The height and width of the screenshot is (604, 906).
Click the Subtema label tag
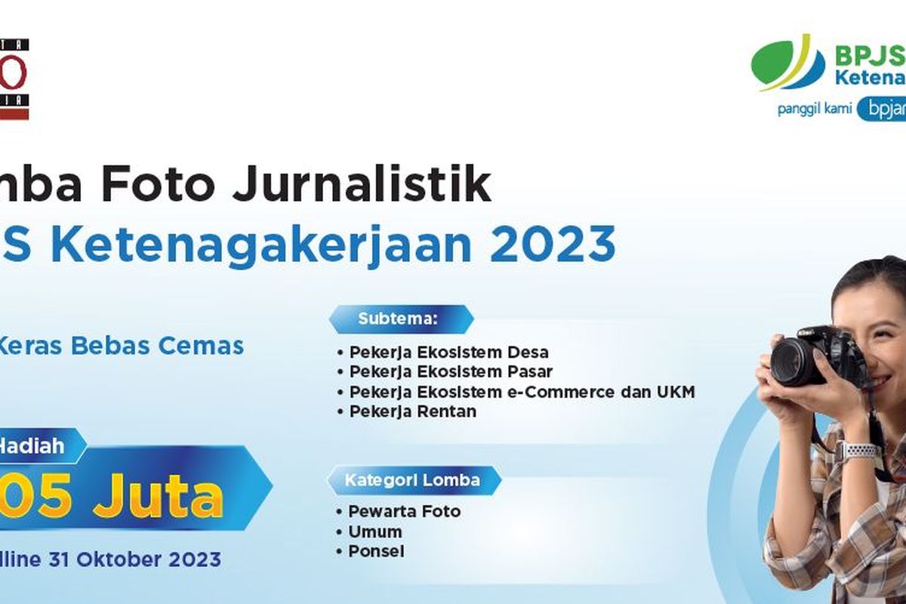[399, 319]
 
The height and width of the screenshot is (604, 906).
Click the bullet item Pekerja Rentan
[412, 412]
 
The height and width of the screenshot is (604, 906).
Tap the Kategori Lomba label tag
[412, 480]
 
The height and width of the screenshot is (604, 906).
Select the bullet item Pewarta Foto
[404, 512]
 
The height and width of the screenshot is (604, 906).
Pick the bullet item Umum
[374, 532]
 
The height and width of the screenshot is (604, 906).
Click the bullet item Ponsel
[376, 552]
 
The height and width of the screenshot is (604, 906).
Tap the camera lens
[793, 362]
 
